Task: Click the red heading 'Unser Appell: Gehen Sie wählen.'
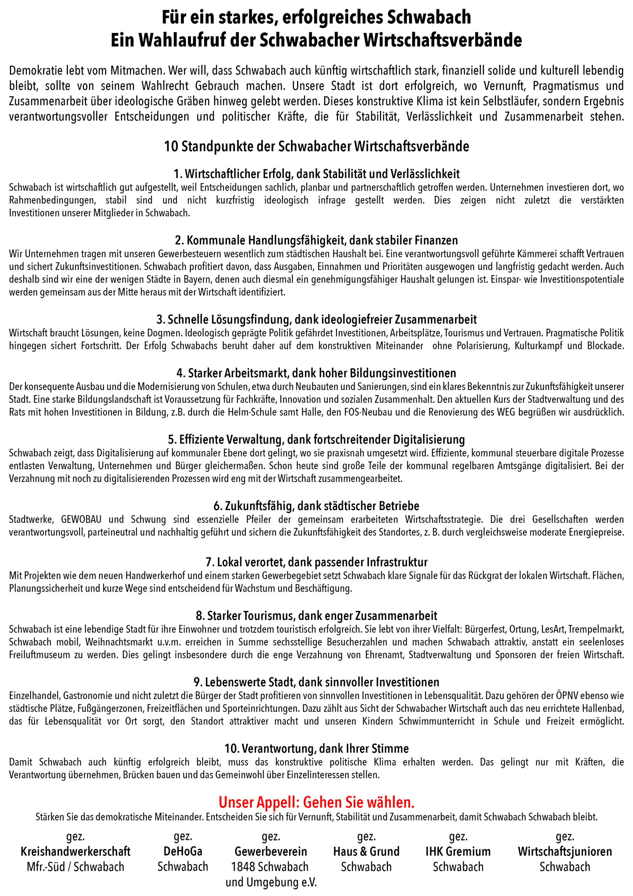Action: [x=316, y=802]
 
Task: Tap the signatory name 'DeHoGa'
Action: [x=183, y=851]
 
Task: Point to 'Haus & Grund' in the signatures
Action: [x=366, y=851]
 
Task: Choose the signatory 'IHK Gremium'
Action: [x=458, y=851]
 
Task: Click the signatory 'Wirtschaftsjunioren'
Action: [x=565, y=851]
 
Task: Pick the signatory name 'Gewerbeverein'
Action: [x=271, y=851]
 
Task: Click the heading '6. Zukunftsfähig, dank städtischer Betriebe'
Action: [x=316, y=506]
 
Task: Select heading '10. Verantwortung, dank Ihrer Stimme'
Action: [x=316, y=749]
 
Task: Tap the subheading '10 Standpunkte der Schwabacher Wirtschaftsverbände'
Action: [x=316, y=146]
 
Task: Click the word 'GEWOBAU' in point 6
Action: [x=81, y=519]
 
